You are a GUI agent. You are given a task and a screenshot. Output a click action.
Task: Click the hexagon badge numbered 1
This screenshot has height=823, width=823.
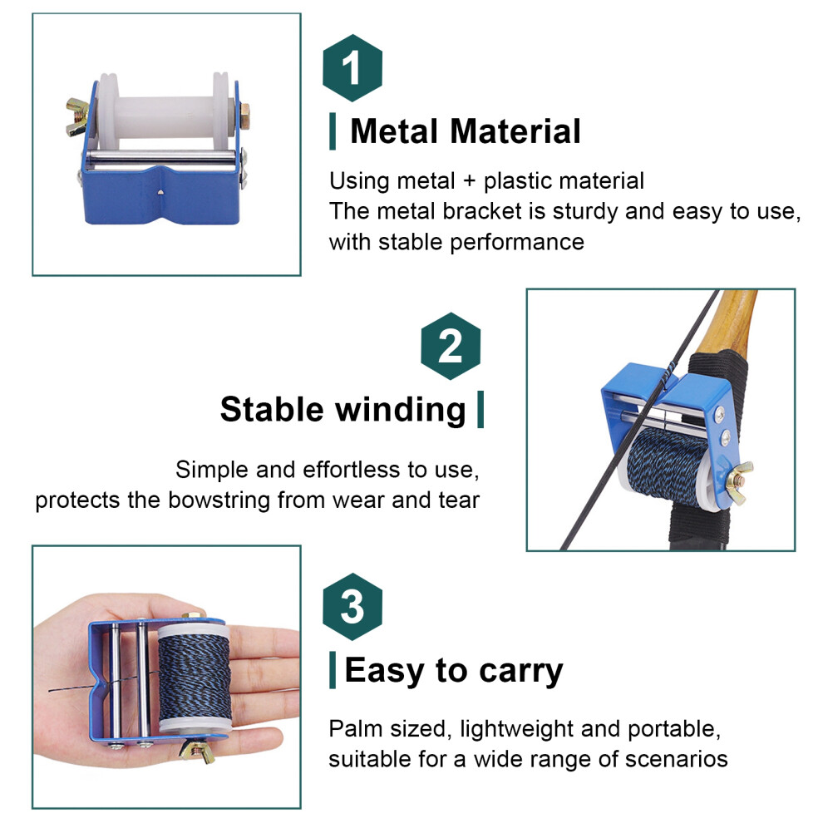(x=352, y=67)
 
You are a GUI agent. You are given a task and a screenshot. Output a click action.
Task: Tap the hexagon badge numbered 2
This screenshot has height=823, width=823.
(x=451, y=346)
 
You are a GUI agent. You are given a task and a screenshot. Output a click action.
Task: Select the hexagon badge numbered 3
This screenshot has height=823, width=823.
(x=352, y=606)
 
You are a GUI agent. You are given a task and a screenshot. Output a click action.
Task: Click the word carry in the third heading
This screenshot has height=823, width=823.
(x=520, y=672)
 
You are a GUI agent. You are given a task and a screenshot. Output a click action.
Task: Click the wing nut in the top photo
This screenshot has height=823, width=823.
(x=76, y=116)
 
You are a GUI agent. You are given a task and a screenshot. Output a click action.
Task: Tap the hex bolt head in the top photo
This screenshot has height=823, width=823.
(x=244, y=116)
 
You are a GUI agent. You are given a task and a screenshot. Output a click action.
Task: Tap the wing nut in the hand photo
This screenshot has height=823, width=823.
(x=197, y=751)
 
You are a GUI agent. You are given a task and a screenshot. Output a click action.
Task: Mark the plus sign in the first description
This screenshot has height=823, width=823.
(x=469, y=181)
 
